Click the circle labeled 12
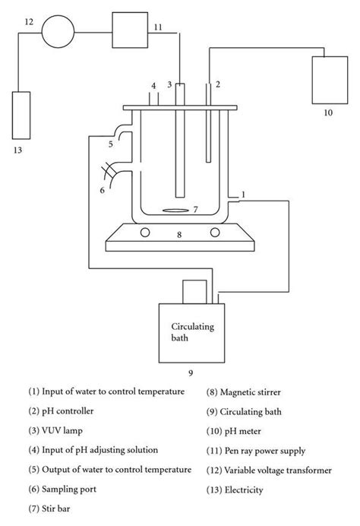pos(59,31)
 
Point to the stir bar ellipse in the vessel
pos(175,210)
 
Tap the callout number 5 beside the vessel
pos(110,142)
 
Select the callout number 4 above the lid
pos(153,85)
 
